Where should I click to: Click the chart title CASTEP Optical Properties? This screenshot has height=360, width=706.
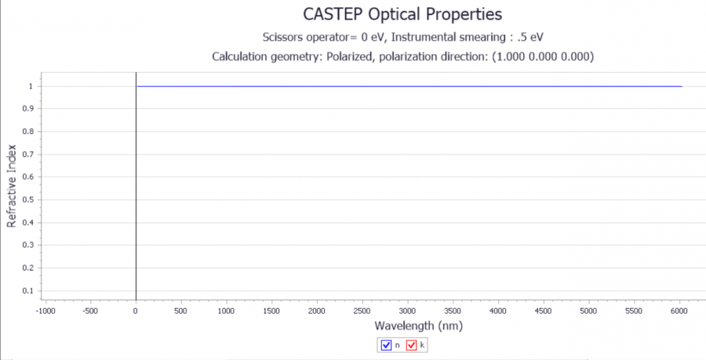402,14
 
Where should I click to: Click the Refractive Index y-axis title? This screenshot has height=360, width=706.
12,185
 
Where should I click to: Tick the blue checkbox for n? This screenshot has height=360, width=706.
386,344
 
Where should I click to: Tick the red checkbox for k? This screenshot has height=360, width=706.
411,344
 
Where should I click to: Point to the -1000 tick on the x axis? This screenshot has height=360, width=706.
45,311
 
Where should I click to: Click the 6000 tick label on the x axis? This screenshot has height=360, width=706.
679,311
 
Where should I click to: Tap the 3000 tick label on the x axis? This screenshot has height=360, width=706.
407,311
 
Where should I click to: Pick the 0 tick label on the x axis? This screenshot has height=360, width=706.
136,311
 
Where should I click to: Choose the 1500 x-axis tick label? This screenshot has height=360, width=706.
271,311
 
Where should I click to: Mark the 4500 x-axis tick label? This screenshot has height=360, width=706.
543,311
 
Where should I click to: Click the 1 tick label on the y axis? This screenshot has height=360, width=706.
30,86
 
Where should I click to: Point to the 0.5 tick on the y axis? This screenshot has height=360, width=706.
27,199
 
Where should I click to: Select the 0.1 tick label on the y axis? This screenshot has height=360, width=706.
27,291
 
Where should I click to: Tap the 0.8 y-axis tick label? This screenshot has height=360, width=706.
27,131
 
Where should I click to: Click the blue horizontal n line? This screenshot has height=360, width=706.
408,86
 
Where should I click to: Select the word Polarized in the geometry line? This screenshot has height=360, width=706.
346,56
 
